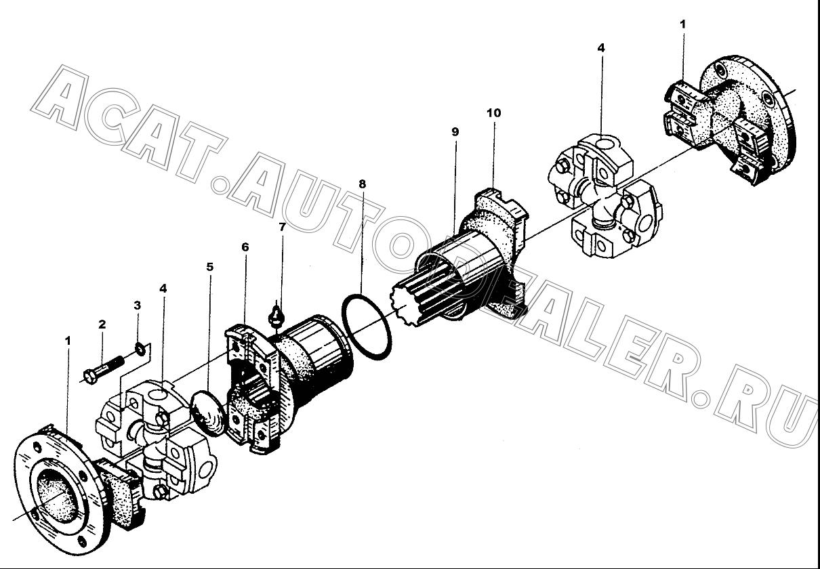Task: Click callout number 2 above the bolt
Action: click(x=102, y=324)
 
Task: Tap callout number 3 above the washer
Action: click(x=138, y=305)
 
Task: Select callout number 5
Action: click(x=210, y=267)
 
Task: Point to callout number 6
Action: click(x=245, y=247)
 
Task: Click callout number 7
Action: click(x=282, y=227)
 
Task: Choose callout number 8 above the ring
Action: click(x=362, y=184)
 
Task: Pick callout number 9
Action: click(x=455, y=131)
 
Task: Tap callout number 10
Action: click(x=494, y=113)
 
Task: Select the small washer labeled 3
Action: click(x=140, y=349)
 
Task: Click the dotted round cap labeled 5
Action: click(x=208, y=413)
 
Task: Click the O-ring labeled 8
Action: click(x=367, y=327)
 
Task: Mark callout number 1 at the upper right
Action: click(x=682, y=24)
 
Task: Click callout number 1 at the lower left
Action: click(x=68, y=341)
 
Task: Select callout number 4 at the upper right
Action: click(x=600, y=48)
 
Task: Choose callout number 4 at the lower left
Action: click(x=163, y=289)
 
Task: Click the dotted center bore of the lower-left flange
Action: click(x=58, y=496)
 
